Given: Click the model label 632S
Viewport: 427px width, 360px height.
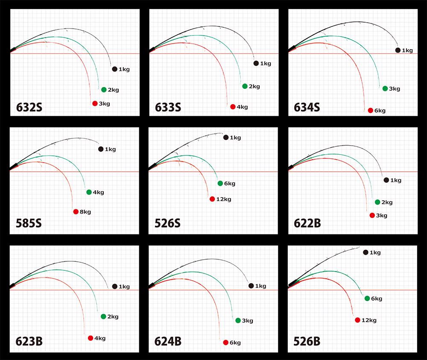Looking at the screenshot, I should (29, 107).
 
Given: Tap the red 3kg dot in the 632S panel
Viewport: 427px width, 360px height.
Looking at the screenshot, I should (95, 103).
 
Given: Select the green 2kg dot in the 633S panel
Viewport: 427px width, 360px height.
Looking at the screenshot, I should (245, 86).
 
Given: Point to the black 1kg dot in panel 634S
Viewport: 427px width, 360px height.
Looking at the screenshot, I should (398, 50).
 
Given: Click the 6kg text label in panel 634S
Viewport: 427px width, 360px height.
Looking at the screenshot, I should (380, 111).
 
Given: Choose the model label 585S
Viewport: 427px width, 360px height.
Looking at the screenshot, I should (29, 224).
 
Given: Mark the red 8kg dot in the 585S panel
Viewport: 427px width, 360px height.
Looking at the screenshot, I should (76, 212).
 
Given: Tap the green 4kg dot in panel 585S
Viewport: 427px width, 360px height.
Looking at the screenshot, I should (89, 192).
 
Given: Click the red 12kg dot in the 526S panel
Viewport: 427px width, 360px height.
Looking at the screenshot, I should (212, 199).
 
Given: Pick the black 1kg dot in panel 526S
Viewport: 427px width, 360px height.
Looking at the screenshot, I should (226, 138).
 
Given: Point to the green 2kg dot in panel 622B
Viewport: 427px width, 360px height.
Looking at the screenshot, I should (377, 202).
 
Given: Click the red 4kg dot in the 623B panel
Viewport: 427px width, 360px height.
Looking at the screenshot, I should (91, 338).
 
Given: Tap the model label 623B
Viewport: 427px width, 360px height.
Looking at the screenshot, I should (29, 342).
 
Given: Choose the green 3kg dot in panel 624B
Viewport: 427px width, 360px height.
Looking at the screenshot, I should (238, 321).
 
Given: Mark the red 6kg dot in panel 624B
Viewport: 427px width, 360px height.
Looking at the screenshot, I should (225, 342).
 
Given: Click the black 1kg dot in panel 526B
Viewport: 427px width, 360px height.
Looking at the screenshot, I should (366, 252).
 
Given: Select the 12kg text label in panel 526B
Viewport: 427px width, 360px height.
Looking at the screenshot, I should (369, 320).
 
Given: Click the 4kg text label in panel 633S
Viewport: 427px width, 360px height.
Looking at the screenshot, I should (242, 107).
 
